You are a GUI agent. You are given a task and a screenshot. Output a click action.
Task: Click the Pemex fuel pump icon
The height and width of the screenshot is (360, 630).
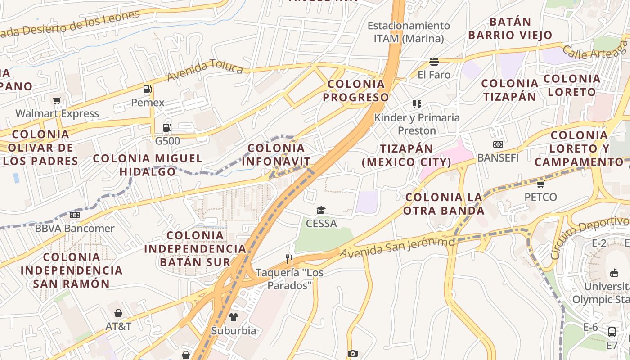[x=147, y=89]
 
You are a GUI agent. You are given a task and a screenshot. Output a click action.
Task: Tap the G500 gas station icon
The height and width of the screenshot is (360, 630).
[x=167, y=128]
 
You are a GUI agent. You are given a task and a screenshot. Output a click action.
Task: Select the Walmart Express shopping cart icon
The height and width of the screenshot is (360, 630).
[x=57, y=100]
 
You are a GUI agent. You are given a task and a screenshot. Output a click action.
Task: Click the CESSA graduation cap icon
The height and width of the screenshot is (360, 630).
[x=321, y=210]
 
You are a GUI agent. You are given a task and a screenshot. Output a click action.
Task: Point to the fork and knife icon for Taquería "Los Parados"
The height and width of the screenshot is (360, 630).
[x=289, y=259]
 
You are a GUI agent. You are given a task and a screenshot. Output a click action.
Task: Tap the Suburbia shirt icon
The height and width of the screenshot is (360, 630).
[x=233, y=317]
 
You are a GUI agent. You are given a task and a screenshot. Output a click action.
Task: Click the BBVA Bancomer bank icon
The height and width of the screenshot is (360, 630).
[x=75, y=215]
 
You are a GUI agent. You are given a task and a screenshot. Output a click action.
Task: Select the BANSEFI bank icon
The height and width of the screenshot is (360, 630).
[x=498, y=144]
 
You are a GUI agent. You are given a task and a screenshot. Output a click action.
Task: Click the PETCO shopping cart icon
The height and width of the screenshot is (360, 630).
[x=540, y=184]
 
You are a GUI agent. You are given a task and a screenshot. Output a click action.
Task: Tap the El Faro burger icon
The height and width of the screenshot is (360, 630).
[x=434, y=61]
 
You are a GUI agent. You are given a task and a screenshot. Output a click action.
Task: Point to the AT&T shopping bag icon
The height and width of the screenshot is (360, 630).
[x=118, y=313]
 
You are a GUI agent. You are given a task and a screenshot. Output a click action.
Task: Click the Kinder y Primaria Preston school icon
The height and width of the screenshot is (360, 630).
[x=417, y=104]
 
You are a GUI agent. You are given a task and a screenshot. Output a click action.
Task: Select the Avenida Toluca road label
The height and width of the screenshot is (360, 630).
[x=205, y=71]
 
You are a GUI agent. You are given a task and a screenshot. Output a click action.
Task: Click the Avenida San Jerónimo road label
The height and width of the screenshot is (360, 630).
[x=397, y=248]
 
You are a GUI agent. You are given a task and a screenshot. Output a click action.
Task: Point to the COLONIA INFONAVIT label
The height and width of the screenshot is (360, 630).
[x=276, y=155]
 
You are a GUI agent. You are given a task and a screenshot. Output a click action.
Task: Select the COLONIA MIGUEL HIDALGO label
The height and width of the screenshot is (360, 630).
[x=148, y=165]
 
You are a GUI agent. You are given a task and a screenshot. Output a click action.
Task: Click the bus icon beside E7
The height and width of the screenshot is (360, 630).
[x=612, y=332]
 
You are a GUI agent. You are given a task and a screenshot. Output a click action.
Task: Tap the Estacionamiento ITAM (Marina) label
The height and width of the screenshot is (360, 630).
[x=409, y=32]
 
